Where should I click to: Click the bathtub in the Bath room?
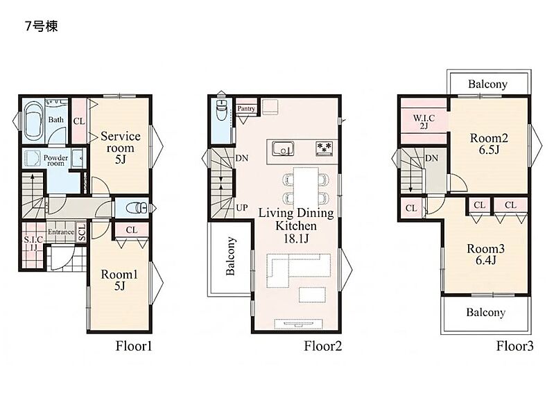tap(34, 121)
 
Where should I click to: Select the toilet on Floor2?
tap(221, 110)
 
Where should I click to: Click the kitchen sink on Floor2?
tap(283, 148)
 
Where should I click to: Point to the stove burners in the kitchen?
tap(324, 148)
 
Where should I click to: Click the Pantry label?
tap(246, 108)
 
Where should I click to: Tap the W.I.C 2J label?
tap(424, 121)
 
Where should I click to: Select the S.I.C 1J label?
tap(33, 243)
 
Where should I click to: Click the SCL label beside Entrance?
tap(82, 232)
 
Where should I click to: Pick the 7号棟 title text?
tap(42, 26)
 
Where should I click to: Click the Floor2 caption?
tap(323, 346)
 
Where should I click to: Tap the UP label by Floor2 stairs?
tap(242, 207)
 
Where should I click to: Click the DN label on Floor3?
tap(431, 158)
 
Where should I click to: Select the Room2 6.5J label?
tap(489, 144)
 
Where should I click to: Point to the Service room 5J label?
tap(121, 148)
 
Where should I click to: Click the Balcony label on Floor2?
tap(230, 256)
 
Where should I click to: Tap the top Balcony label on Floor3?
tap(487, 84)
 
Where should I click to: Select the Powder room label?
tap(56, 160)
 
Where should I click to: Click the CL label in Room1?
tap(132, 230)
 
